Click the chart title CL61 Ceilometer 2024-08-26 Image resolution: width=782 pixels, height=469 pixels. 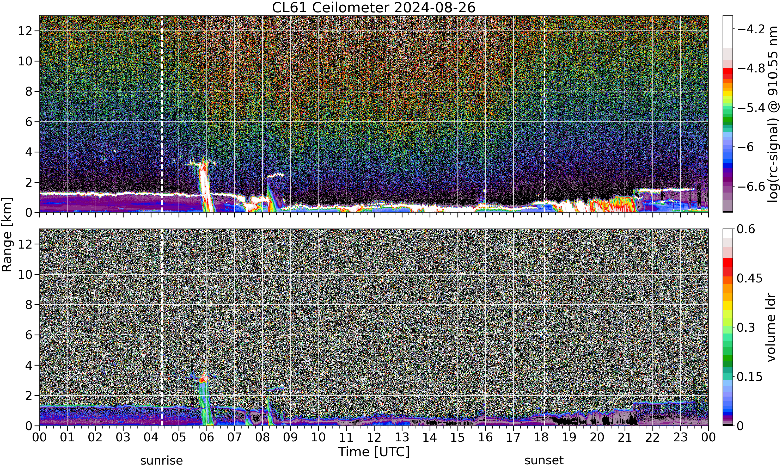(374, 8)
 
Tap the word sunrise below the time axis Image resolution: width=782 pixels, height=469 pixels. (162, 460)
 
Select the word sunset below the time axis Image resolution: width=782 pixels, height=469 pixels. (544, 460)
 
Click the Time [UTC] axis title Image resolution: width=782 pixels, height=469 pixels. (374, 452)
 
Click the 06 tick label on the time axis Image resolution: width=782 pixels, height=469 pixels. (207, 437)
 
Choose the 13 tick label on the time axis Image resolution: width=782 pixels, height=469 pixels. (402, 437)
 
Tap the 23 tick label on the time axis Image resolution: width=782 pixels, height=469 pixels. (681, 437)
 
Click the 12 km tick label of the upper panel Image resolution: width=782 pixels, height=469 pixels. (25, 31)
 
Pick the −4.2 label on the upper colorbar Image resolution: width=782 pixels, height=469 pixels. (751, 29)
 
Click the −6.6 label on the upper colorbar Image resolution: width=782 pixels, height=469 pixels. (751, 187)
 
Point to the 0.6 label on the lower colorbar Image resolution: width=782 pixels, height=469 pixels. (746, 229)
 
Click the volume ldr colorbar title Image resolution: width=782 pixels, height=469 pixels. (771, 327)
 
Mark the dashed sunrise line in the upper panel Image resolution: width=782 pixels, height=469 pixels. (162, 114)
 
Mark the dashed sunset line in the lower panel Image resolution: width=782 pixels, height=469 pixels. (544, 327)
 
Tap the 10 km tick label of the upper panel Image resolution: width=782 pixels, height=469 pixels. (25, 61)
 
